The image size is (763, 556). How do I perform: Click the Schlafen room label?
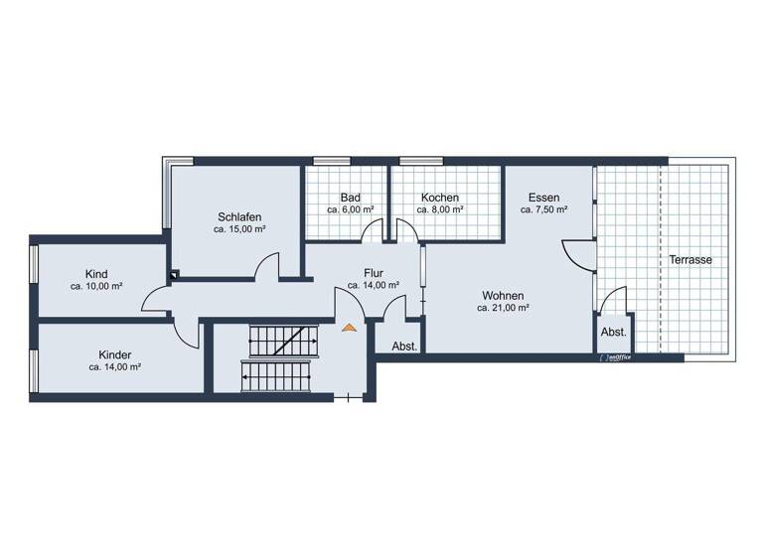click(x=239, y=216)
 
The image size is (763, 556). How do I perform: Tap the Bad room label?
click(x=350, y=198)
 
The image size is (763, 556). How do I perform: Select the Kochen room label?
click(x=439, y=198)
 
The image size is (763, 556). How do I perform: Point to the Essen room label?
click(x=545, y=198)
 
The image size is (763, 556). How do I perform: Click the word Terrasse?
click(x=690, y=259)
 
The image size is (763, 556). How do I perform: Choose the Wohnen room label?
click(x=502, y=295)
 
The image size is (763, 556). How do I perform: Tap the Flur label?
click(x=374, y=273)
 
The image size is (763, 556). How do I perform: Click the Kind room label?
click(x=96, y=274)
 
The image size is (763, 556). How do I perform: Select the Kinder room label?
click(x=114, y=354)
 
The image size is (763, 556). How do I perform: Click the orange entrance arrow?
click(x=348, y=325)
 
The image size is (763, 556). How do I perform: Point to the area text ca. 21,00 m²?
click(x=502, y=308)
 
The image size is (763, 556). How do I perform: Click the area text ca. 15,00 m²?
click(x=239, y=229)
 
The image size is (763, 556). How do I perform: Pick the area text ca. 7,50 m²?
click(x=545, y=210)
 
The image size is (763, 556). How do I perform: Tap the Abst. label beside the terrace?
click(x=613, y=333)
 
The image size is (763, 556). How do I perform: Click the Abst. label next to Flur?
click(x=404, y=347)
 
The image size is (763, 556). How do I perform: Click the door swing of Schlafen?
click(x=266, y=267)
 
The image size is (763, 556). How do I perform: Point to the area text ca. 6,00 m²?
click(x=350, y=210)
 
